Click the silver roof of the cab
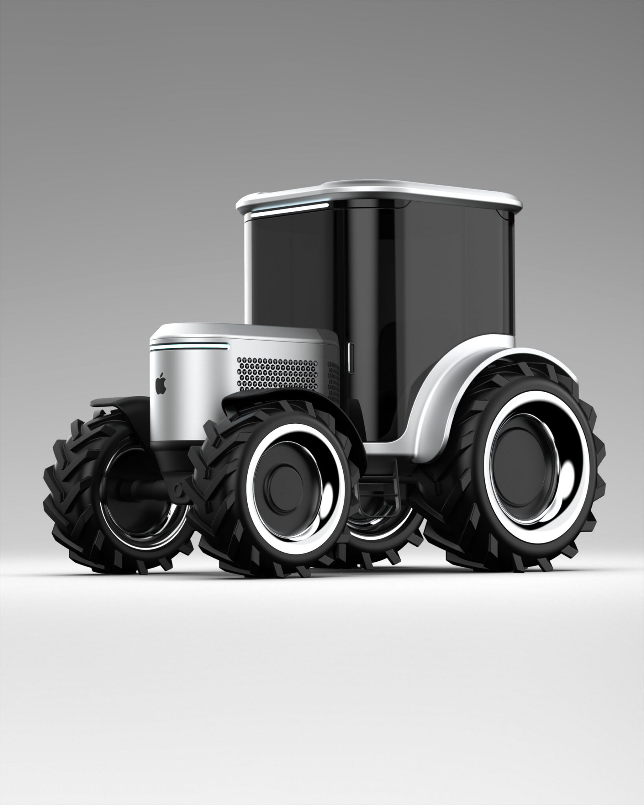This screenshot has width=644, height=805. (x=377, y=193)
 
